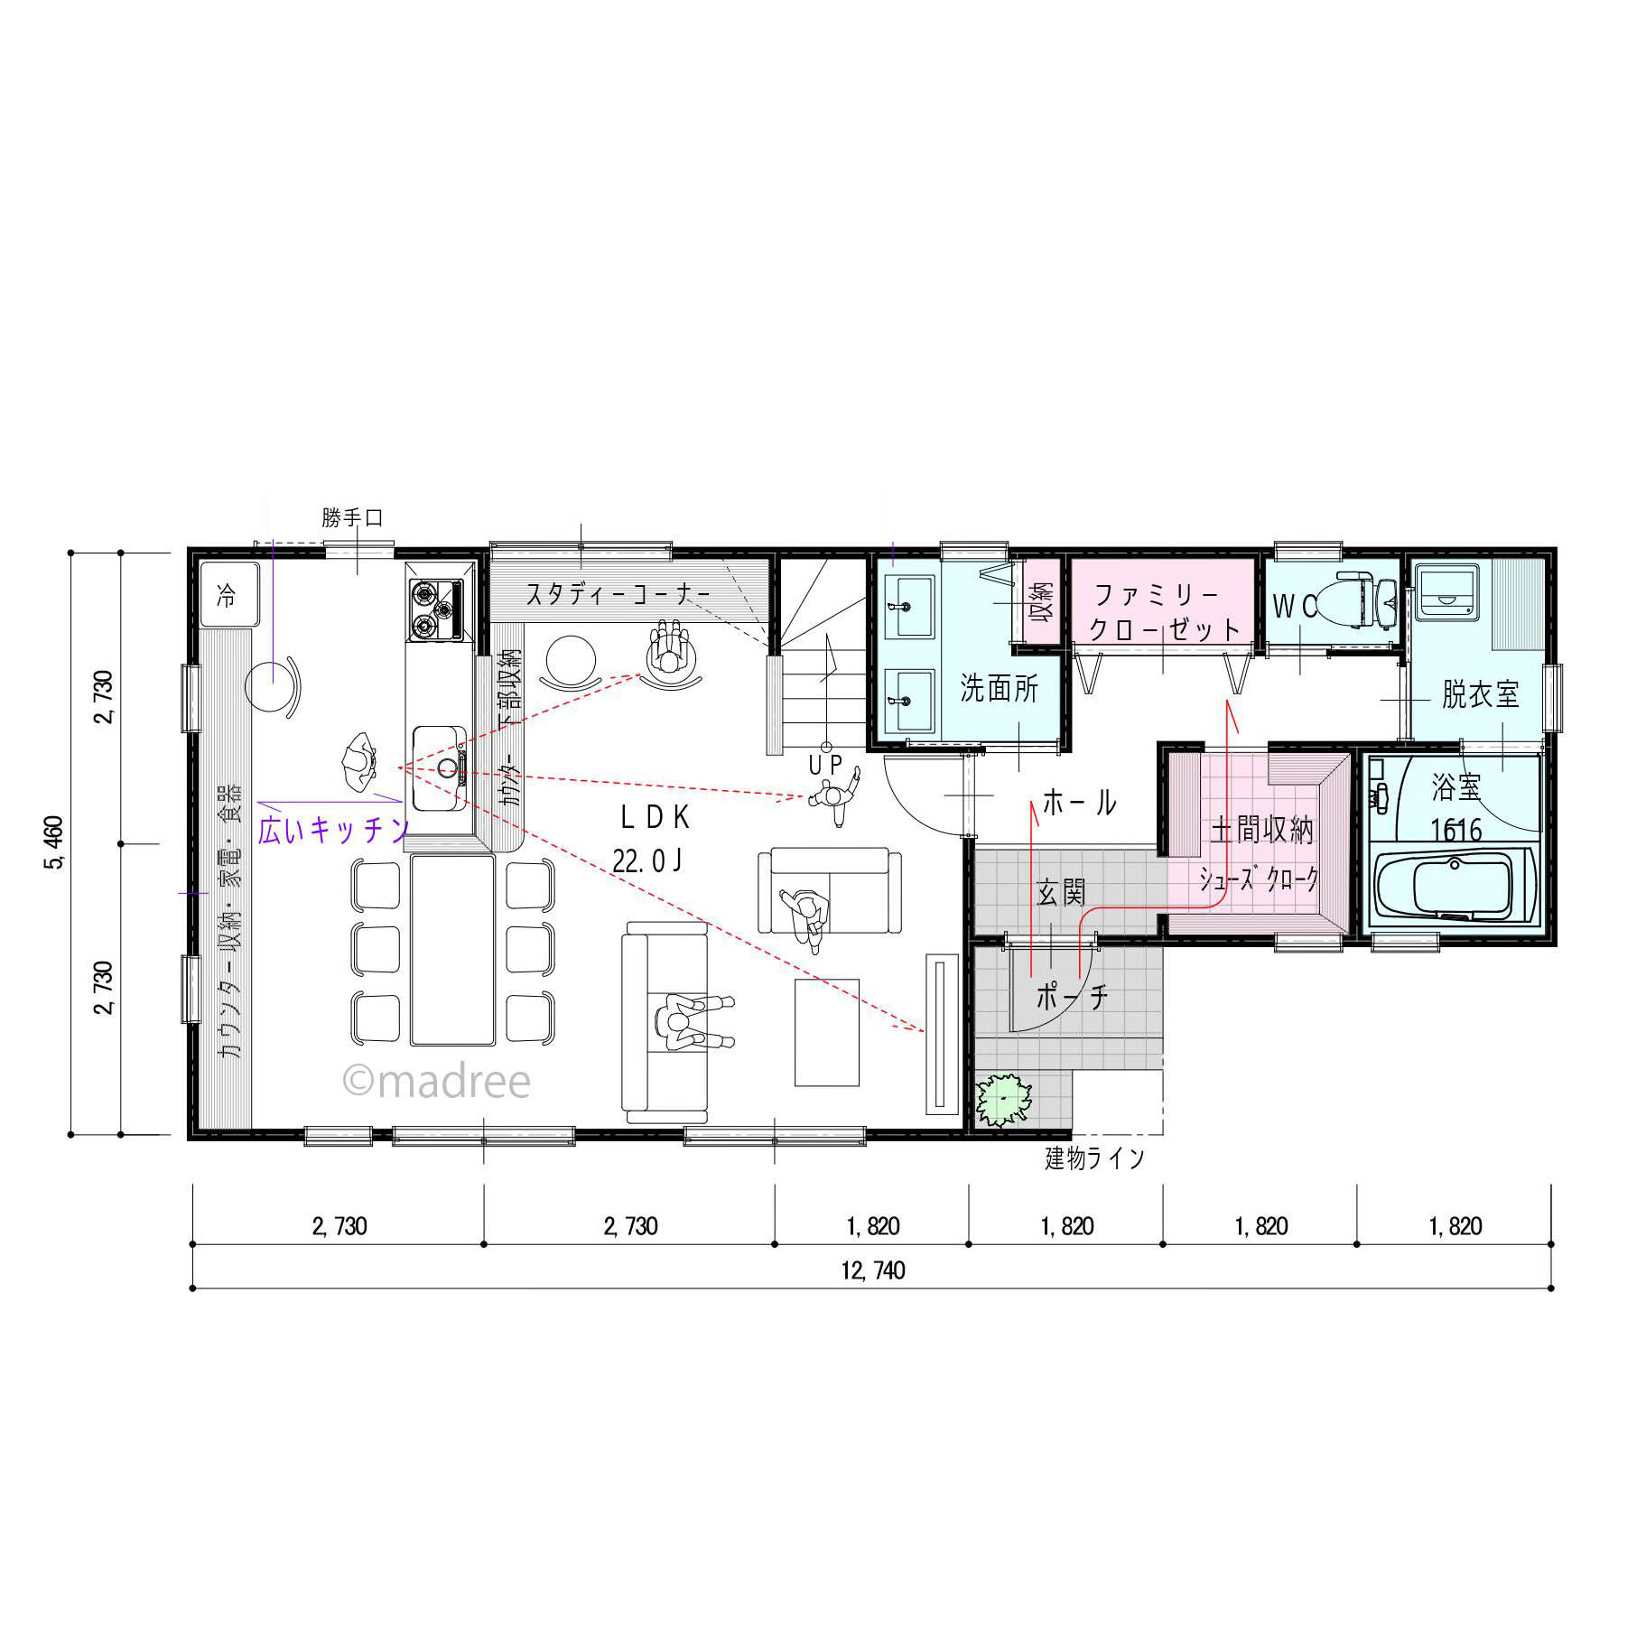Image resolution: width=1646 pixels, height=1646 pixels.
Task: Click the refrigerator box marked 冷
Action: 229,595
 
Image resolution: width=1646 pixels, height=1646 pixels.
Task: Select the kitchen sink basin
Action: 440,768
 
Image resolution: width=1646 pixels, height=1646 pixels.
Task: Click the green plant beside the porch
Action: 1003,1100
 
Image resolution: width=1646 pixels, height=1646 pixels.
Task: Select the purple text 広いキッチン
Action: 333,830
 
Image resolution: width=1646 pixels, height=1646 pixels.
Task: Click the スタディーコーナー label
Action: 618,594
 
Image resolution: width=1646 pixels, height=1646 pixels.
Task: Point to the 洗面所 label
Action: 999,688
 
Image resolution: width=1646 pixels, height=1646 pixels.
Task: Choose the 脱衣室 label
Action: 1480,694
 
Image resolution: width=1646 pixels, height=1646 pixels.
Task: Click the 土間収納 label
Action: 1262,829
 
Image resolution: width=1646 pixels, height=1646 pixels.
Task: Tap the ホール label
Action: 1080,802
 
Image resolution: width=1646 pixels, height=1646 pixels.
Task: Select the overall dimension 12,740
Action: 873,1270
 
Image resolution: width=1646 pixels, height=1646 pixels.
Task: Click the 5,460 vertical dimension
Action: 54,842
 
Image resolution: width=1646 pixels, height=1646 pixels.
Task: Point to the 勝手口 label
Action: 352,517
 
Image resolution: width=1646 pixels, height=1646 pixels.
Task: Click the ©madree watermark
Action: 437,1081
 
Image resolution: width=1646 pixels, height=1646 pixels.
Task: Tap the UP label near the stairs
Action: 825,765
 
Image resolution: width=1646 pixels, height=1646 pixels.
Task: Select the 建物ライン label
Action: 1094,1158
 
